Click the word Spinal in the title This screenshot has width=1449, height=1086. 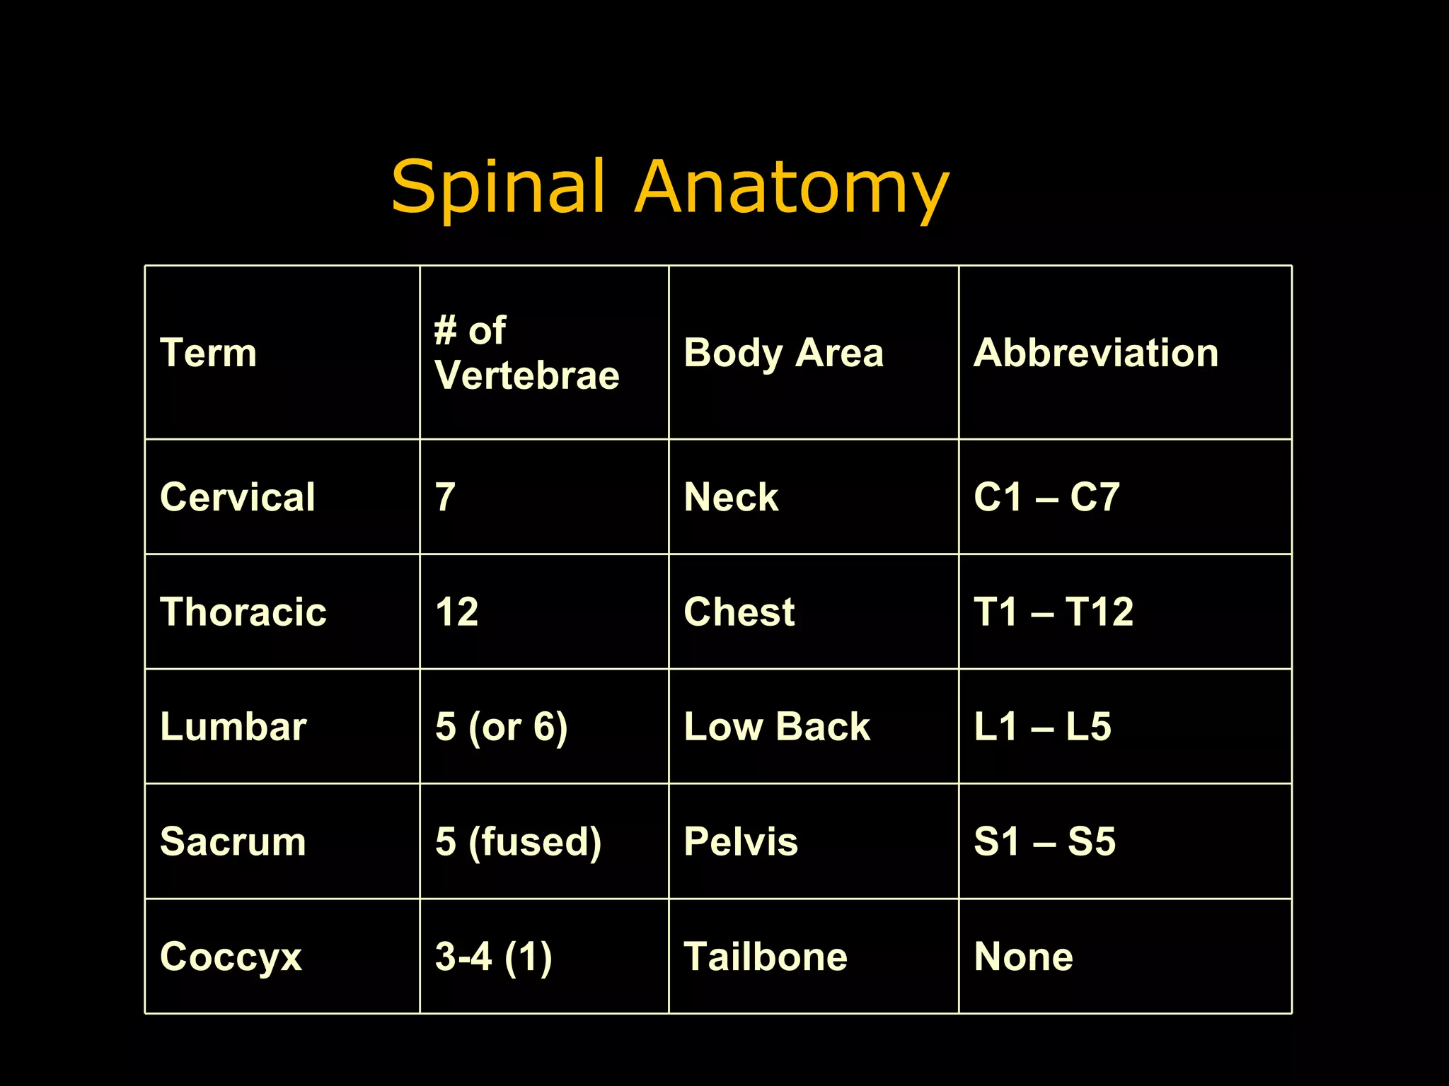click(x=498, y=187)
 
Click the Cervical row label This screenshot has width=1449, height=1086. click(x=238, y=496)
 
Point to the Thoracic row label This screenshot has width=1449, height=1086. click(x=243, y=612)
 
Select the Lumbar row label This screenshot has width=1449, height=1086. click(x=233, y=726)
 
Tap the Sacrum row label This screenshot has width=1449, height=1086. click(x=233, y=841)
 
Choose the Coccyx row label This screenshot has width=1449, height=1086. click(x=231, y=957)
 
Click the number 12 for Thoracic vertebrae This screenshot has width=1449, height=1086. click(x=457, y=612)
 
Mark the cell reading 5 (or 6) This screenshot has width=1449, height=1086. click(x=501, y=727)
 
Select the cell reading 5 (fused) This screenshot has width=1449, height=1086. click(x=518, y=841)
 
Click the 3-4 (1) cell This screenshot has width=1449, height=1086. click(x=493, y=957)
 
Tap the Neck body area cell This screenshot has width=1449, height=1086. click(x=731, y=496)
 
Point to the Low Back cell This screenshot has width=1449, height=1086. click(x=777, y=726)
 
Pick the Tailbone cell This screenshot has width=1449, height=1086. click(x=766, y=957)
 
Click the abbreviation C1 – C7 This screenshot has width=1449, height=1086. click(x=1046, y=496)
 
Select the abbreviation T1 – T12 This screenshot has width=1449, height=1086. click(x=1053, y=612)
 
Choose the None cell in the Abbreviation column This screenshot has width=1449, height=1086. click(x=1023, y=957)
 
